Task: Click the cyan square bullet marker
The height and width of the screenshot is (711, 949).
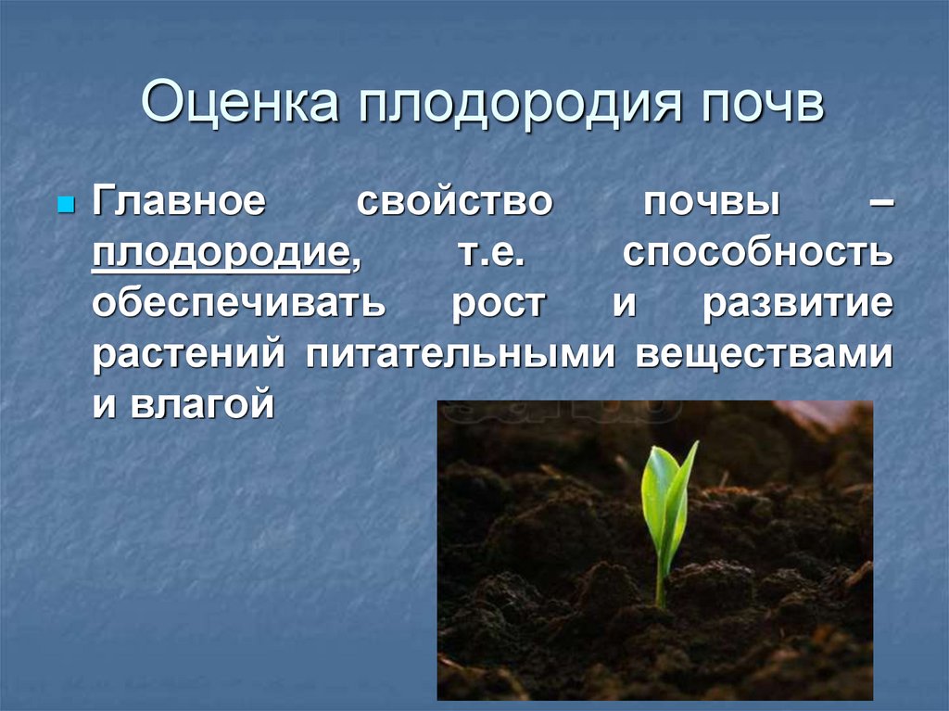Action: coord(65,203)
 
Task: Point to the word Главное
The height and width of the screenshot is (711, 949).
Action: coord(178,203)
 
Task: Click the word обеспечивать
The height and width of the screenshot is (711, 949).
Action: coord(236,306)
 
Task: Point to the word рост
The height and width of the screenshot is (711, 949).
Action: coord(497,306)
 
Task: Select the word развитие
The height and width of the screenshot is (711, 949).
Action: coord(798,306)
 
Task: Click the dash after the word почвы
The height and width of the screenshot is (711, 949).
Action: coord(880,203)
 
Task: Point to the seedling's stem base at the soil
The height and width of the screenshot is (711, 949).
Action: coord(660,603)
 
